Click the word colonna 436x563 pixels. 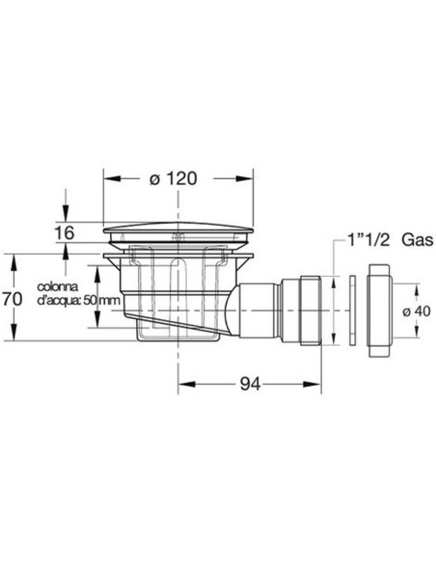click(x=58, y=287)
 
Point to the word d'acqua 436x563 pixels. click(x=58, y=300)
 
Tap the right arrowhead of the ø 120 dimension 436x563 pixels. click(x=253, y=179)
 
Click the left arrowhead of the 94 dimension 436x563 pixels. click(x=185, y=383)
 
